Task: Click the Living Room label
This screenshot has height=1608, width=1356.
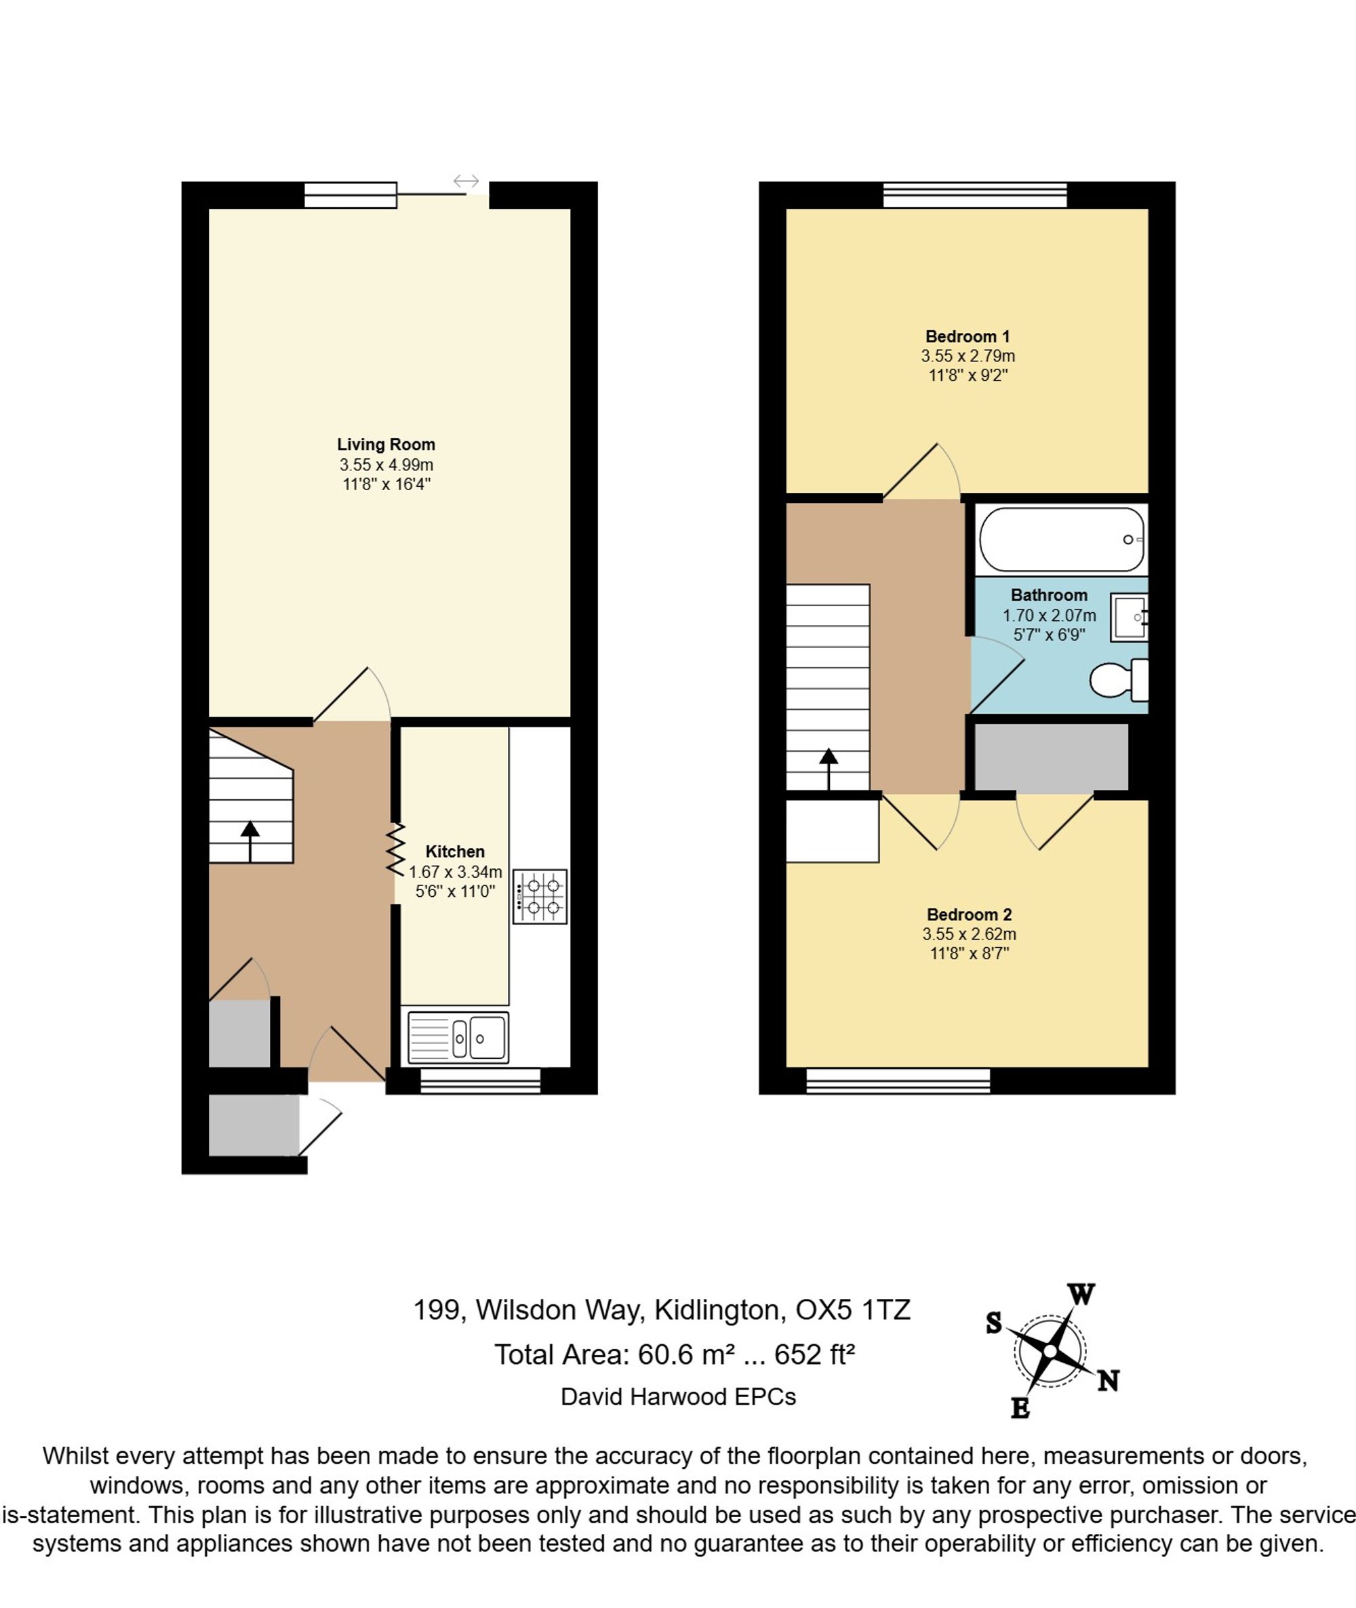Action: tap(386, 444)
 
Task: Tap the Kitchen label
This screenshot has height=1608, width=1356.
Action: tap(455, 851)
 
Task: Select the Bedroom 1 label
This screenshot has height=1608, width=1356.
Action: tap(967, 337)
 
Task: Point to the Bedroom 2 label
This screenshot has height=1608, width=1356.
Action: tap(969, 914)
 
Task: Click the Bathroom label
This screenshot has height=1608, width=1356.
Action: tap(1048, 595)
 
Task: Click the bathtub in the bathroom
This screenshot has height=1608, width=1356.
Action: tap(1062, 540)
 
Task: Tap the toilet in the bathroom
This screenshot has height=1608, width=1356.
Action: tap(1119, 679)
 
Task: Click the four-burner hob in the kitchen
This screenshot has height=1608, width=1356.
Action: tap(540, 896)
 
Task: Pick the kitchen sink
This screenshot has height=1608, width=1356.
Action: tap(458, 1039)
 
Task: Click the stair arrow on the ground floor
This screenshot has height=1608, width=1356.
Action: tap(250, 841)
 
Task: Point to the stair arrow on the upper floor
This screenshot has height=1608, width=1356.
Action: tap(828, 769)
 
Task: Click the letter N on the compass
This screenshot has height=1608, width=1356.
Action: tap(1108, 1382)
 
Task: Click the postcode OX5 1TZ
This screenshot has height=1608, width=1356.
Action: tap(852, 1310)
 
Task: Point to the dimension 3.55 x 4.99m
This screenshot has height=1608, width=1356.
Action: tap(386, 465)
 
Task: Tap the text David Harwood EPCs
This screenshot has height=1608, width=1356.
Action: tap(678, 1396)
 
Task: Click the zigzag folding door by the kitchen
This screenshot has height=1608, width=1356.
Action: tap(395, 849)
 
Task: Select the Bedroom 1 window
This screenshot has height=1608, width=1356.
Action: tap(975, 195)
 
